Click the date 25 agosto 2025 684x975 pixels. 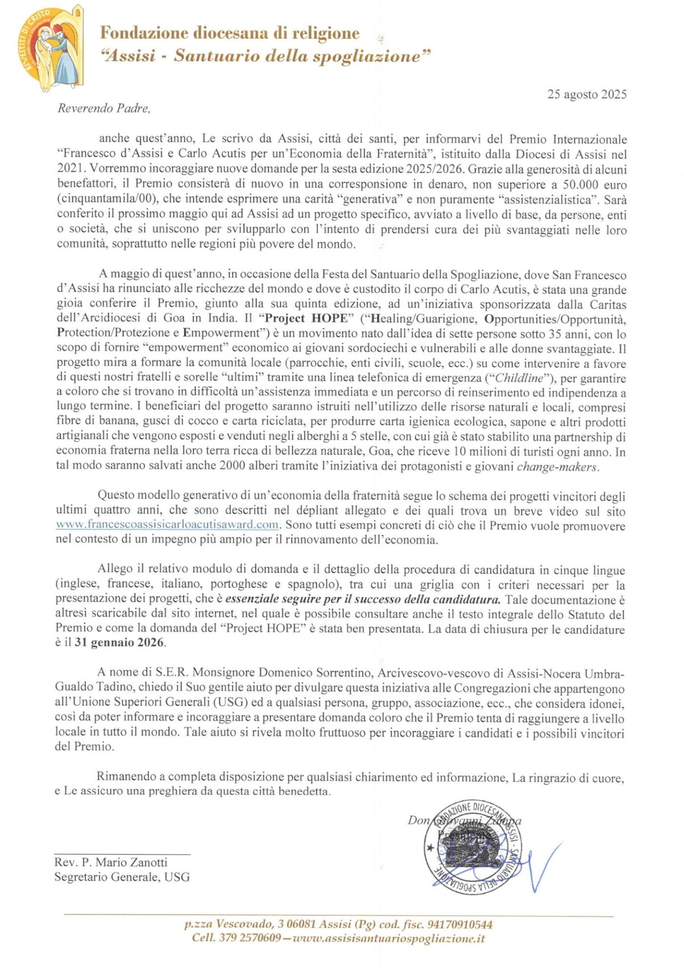click(x=586, y=94)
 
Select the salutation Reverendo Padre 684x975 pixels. click(x=104, y=108)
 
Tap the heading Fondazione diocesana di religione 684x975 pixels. click(x=230, y=33)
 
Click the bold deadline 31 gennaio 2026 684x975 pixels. click(x=119, y=642)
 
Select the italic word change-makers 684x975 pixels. click(x=557, y=467)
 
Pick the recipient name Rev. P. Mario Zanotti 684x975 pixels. click(x=111, y=862)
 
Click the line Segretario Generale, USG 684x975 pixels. click(x=122, y=877)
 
